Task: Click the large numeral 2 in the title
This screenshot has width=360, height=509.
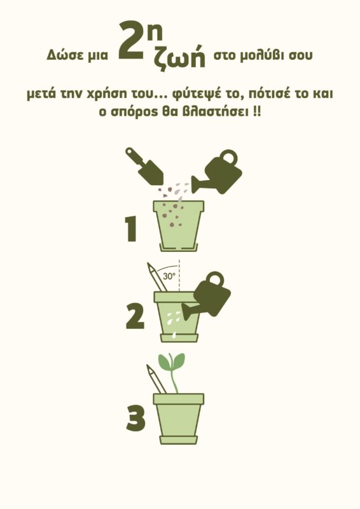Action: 130,41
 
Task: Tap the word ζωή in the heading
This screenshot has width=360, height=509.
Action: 180,57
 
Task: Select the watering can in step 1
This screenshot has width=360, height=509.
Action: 217,172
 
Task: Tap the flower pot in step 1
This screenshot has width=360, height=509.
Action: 179,226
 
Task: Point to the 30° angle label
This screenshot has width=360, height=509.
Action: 169,276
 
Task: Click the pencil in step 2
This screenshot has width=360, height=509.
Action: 157,277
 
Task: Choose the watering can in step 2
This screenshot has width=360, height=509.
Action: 207,295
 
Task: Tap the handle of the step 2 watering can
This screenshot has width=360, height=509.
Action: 214,279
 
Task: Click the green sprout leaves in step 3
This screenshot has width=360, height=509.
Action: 171,362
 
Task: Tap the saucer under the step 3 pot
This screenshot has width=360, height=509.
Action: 179,440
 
